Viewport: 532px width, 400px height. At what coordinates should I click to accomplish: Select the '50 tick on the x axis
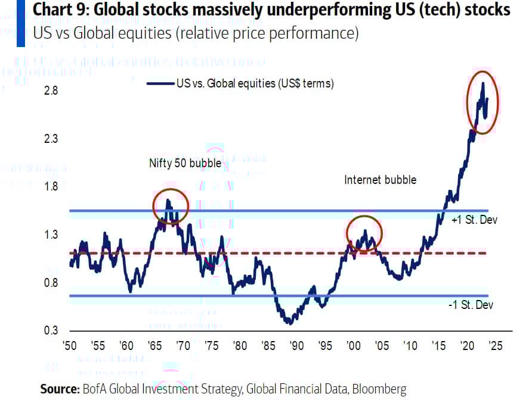[x=70, y=346]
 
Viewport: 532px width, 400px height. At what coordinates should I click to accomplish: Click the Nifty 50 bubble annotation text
[x=185, y=162]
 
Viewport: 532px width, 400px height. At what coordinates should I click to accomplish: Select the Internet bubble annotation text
[x=380, y=179]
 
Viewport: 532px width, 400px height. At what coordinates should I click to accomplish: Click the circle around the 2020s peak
[x=482, y=101]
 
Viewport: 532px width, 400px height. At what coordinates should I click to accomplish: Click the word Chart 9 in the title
[x=55, y=10]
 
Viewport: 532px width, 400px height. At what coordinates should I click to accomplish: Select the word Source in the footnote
[x=58, y=389]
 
